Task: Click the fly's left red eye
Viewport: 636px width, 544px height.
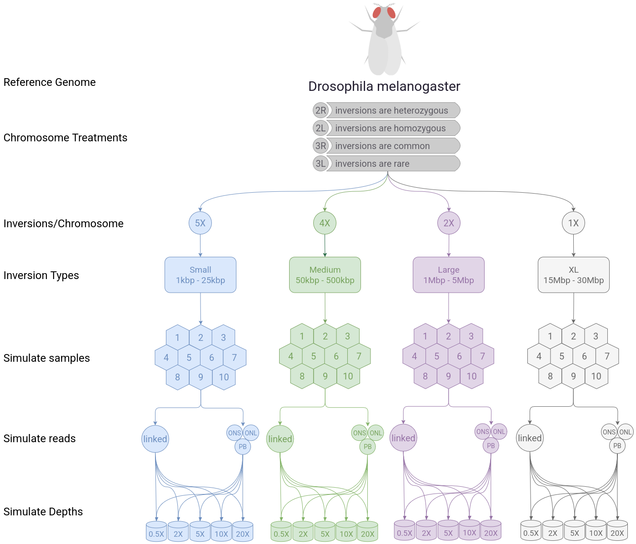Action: (377, 12)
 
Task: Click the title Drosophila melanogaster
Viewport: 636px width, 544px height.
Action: (384, 86)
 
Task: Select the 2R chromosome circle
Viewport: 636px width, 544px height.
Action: (321, 110)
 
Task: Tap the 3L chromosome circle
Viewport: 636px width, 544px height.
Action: (321, 164)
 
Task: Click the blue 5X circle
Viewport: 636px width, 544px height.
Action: (200, 223)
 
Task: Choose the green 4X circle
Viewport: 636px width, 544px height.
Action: (325, 223)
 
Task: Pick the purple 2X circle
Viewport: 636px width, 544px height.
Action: (449, 223)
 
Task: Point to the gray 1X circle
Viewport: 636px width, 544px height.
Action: (573, 223)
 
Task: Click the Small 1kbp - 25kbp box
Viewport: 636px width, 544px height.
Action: (200, 275)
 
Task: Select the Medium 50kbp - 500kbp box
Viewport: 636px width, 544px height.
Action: (325, 275)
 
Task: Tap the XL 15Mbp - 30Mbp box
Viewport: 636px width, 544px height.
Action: (573, 275)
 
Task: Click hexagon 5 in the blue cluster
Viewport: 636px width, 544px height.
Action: (189, 358)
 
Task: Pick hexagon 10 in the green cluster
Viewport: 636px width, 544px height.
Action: (348, 376)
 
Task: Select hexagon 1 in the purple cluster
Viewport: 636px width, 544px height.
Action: (425, 336)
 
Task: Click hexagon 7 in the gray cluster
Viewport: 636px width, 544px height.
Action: (607, 356)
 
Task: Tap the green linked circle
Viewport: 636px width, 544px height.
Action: (280, 439)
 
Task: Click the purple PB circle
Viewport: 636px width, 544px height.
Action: (491, 446)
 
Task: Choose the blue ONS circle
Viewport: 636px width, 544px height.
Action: (234, 433)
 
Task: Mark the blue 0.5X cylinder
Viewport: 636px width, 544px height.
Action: (156, 532)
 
